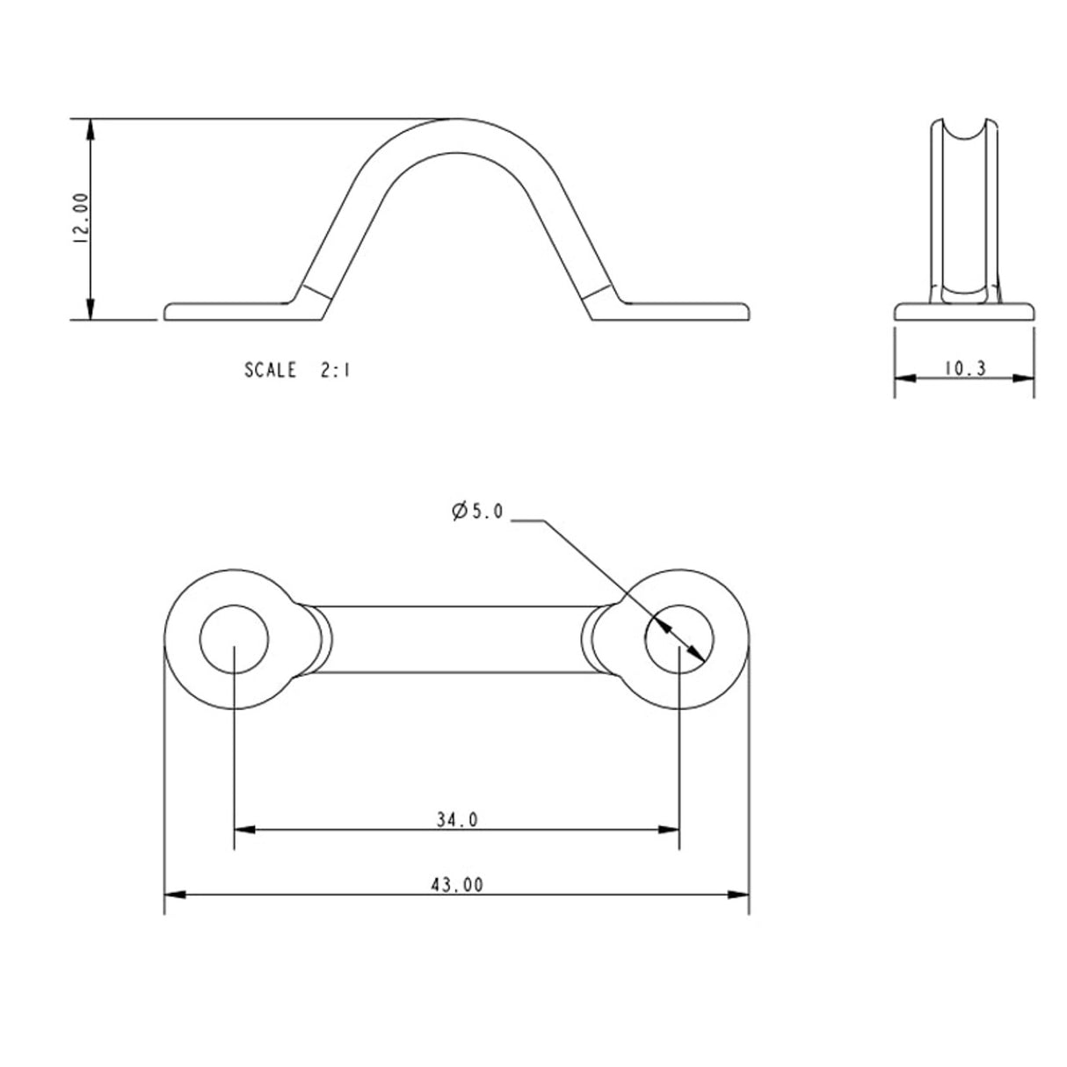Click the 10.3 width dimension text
[x=965, y=368]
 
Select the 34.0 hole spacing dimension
[x=457, y=820]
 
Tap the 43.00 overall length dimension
[x=457, y=886]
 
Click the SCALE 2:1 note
[x=297, y=371]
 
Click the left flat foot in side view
[x=229, y=312]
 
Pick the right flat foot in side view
[x=686, y=312]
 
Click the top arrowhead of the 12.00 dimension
[x=89, y=127]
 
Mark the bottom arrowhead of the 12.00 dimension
[x=89, y=311]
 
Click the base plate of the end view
[x=964, y=311]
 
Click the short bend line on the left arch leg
[x=316, y=291]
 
